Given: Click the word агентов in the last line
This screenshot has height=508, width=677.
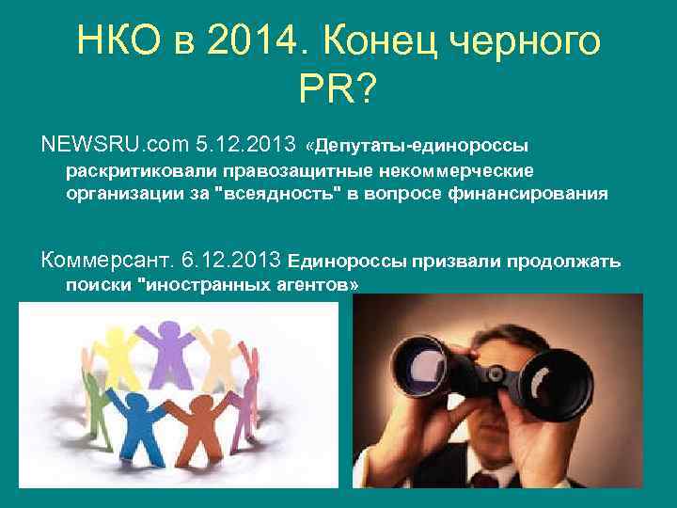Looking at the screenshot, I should (x=316, y=283).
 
